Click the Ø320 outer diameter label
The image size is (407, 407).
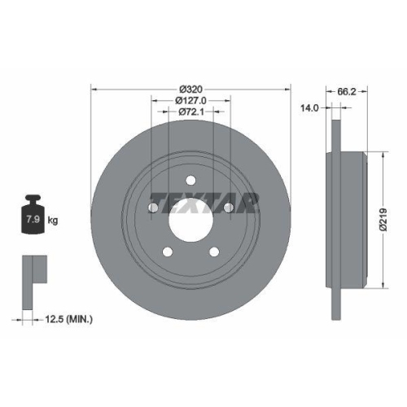coord(190,88)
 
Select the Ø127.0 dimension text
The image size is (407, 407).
coord(190,100)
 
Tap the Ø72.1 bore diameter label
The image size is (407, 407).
coord(190,112)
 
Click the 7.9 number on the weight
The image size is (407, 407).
coord(35,220)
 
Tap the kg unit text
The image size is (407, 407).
coord(52,221)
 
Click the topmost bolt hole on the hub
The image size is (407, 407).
coord(190,180)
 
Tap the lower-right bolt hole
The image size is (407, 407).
coord(214,252)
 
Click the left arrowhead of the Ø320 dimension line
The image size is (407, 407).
coord(94,88)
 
